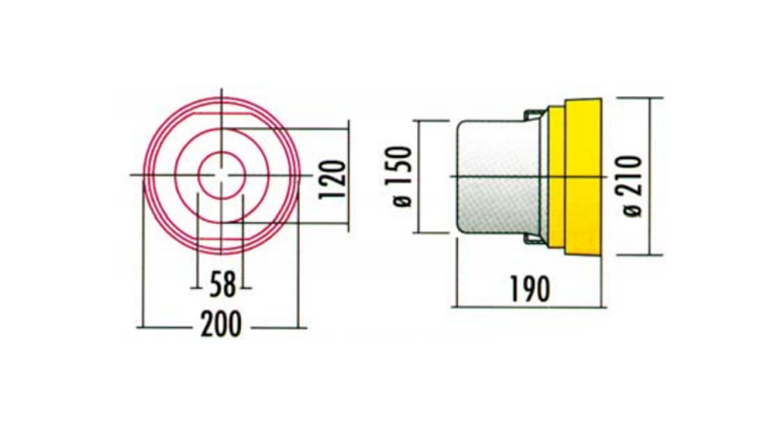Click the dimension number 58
(x=223, y=284)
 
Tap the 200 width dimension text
(x=222, y=326)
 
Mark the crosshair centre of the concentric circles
(x=223, y=175)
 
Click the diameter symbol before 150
(x=402, y=203)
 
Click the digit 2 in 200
(x=205, y=326)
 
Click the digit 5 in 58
(x=215, y=284)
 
